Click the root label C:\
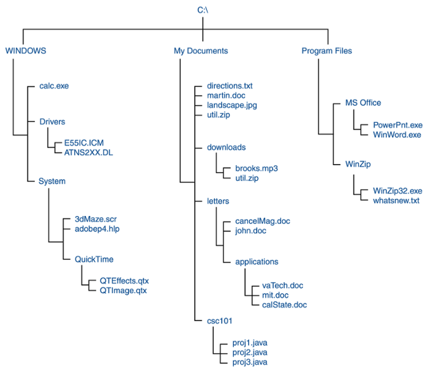(203, 9)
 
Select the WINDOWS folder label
(26, 51)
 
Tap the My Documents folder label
(200, 51)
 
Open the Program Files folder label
(326, 51)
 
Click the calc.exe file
(54, 86)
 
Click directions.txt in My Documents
(230, 86)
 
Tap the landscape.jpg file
(231, 105)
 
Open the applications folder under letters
(257, 262)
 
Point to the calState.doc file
(284, 305)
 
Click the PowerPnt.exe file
(397, 125)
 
